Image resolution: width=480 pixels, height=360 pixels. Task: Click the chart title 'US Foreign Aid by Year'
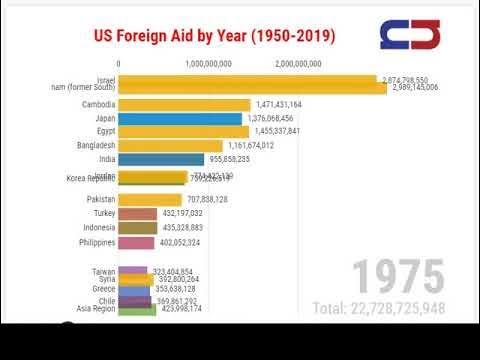[x=214, y=37]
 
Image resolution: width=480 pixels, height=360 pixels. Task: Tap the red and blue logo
[x=410, y=35]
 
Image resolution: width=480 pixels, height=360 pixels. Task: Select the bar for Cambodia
[x=184, y=105]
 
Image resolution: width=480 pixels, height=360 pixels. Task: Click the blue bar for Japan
[x=180, y=118]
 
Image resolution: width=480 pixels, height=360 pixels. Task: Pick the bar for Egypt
[x=183, y=132]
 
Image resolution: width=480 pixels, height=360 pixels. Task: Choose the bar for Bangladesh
[x=170, y=146]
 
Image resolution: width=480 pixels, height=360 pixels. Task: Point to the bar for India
[x=161, y=159]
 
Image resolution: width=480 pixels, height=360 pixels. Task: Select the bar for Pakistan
[x=150, y=200]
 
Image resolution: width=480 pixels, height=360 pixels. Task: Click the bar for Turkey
[x=138, y=214]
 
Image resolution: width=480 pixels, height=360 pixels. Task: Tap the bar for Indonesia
[x=138, y=228]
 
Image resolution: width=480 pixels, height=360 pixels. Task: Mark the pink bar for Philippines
[x=137, y=242]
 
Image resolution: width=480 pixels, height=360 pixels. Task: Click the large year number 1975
[x=398, y=276]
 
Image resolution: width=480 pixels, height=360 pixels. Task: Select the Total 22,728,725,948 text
[x=378, y=308]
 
